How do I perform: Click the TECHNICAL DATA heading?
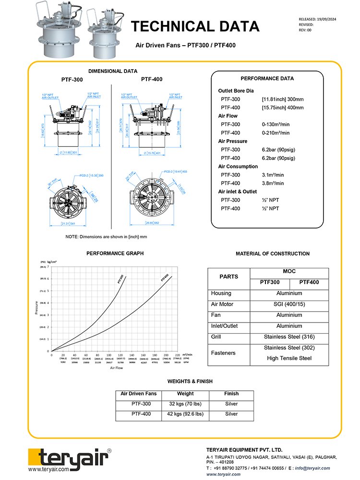(195, 26)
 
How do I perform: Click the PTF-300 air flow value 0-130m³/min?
(276, 124)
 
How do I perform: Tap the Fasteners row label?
(223, 353)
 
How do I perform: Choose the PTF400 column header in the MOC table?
(309, 282)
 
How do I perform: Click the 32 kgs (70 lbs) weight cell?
(185, 404)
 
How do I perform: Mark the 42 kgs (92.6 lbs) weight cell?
(185, 414)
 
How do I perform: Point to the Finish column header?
(231, 394)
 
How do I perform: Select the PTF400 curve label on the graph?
(165, 279)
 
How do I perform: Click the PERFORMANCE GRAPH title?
(115, 253)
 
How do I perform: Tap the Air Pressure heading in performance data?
(233, 141)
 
